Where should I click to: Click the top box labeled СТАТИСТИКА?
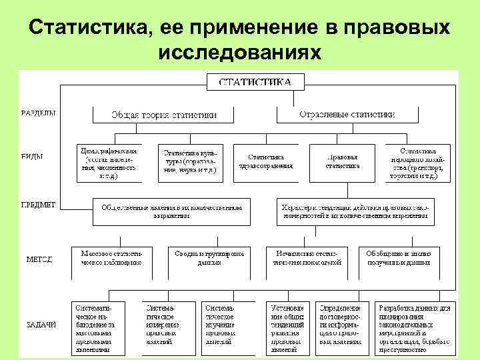(x=255, y=82)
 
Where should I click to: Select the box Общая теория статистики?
(x=163, y=115)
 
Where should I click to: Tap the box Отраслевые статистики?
(x=347, y=115)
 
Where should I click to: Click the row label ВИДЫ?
(x=33, y=157)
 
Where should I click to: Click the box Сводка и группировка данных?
(x=209, y=258)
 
